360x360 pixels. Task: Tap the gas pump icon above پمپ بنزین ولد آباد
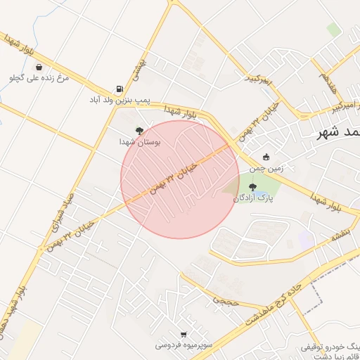[119, 90]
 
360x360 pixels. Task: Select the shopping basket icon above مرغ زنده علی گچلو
[38, 67]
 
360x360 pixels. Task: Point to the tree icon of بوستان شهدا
[140, 131]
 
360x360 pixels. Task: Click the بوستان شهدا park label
[140, 141]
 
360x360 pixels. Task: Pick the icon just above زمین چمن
[265, 157]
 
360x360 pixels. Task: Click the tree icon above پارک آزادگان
[252, 187]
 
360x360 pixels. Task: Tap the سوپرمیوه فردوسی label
[184, 345]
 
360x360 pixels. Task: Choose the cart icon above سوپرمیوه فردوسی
[184, 335]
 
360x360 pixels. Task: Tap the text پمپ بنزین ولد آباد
[120, 101]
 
